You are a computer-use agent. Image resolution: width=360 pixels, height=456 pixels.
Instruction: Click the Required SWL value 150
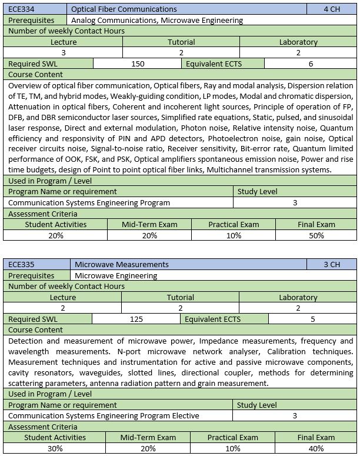pos(138,64)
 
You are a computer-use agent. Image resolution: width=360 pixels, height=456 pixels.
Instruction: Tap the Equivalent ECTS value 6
pos(311,64)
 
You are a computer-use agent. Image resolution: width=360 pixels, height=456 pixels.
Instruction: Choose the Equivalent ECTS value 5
pos(312,319)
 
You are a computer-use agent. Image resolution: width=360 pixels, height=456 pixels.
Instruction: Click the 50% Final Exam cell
pos(316,235)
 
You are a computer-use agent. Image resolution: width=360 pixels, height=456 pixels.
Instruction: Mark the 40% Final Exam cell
pos(316,448)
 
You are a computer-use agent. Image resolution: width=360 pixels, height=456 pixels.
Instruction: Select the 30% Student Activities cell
pos(55,448)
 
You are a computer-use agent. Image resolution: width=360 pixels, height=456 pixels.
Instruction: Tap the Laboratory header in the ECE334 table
pos(298,42)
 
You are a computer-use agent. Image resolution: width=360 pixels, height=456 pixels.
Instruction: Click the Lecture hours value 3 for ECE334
pos(63,52)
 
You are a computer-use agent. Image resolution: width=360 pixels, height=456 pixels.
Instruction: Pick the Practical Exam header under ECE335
pos(233,437)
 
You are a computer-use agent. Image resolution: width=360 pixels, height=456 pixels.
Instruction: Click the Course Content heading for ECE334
pos(35,75)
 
